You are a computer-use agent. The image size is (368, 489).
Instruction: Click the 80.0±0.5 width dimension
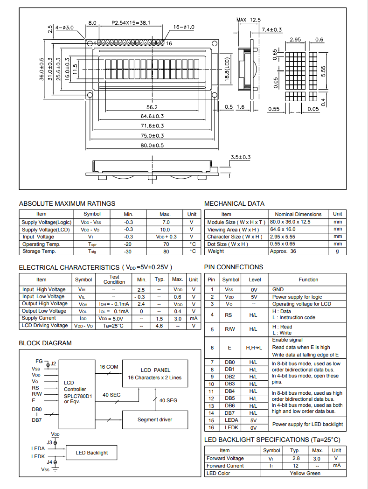point(152,146)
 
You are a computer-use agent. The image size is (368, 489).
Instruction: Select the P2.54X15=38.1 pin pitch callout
point(131,22)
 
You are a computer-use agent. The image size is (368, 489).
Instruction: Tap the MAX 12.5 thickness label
point(249,20)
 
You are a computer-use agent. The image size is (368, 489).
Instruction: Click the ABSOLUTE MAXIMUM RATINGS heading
point(67,203)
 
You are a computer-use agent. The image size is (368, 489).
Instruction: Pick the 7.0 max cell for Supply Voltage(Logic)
point(166,223)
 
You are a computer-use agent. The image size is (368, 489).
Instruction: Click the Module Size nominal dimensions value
point(290,222)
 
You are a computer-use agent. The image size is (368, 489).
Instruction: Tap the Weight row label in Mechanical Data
point(215,251)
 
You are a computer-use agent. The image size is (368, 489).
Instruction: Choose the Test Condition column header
point(114,279)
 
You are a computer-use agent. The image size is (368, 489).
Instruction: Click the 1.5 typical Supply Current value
point(160,318)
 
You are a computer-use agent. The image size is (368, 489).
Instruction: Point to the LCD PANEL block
point(155,374)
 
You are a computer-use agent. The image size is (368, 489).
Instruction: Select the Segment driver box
point(155,419)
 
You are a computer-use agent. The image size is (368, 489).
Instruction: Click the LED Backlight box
point(91,453)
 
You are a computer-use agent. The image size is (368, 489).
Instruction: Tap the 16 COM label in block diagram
point(109,367)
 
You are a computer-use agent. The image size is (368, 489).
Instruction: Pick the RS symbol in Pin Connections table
point(229,315)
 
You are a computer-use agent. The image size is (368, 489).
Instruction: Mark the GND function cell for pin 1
point(278,290)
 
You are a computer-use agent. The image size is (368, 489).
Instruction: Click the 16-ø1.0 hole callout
point(184,27)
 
